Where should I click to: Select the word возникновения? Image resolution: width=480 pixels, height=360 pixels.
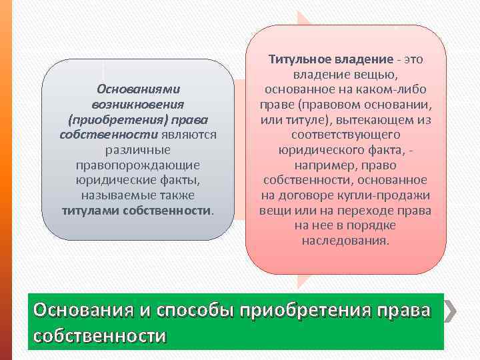click(x=138, y=104)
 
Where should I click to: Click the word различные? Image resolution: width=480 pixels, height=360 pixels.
click(x=138, y=150)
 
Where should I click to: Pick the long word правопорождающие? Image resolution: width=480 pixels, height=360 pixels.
click(x=138, y=165)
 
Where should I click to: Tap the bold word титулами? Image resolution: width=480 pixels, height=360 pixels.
click(x=85, y=211)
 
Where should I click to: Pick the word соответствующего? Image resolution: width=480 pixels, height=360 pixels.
click(x=345, y=135)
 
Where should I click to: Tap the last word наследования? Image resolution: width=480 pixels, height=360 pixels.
click(x=345, y=241)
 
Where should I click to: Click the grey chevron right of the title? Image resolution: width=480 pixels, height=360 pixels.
click(x=450, y=311)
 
